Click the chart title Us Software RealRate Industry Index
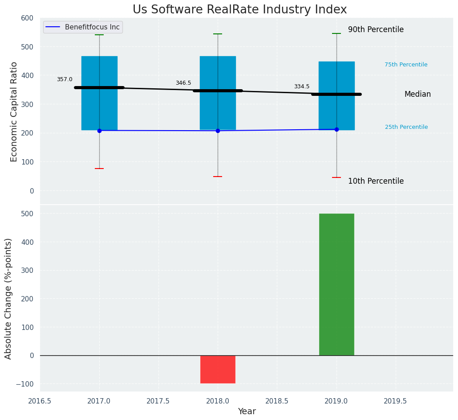[x=239, y=10]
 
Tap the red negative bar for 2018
[x=218, y=369]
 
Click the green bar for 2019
[x=336, y=284]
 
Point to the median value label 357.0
[x=65, y=79]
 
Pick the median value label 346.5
[x=183, y=83]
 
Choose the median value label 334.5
[x=302, y=86]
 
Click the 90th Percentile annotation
[x=376, y=30]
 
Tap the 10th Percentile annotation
[x=376, y=181]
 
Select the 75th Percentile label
[x=406, y=65]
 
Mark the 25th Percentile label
[x=406, y=127]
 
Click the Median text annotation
[x=417, y=95]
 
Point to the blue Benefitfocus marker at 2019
[x=336, y=129]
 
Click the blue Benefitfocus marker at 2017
[x=99, y=131]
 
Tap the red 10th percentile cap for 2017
[x=99, y=169]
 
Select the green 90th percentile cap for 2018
[x=218, y=34]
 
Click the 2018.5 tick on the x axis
[x=277, y=401]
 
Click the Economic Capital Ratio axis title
[x=14, y=111]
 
